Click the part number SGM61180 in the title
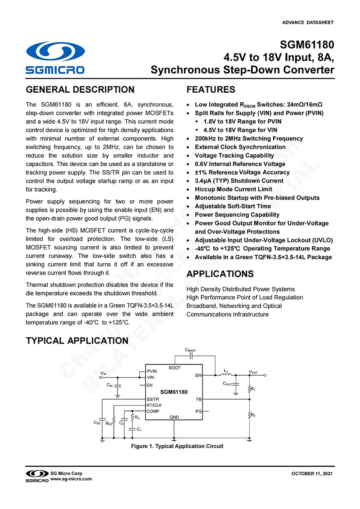[307, 45]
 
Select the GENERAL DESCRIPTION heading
[80, 90]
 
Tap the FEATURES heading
[211, 90]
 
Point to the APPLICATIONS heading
[220, 274]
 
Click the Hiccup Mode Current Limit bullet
[234, 189]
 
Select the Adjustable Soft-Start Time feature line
[233, 206]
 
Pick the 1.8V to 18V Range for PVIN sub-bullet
[243, 122]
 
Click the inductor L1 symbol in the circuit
[227, 375]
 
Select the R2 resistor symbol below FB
[249, 414]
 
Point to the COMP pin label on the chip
[153, 411]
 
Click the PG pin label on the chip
[198, 411]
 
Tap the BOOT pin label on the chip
[175, 368]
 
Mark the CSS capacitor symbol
[103, 419]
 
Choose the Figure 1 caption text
[177, 446]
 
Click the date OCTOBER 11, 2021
[312, 474]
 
